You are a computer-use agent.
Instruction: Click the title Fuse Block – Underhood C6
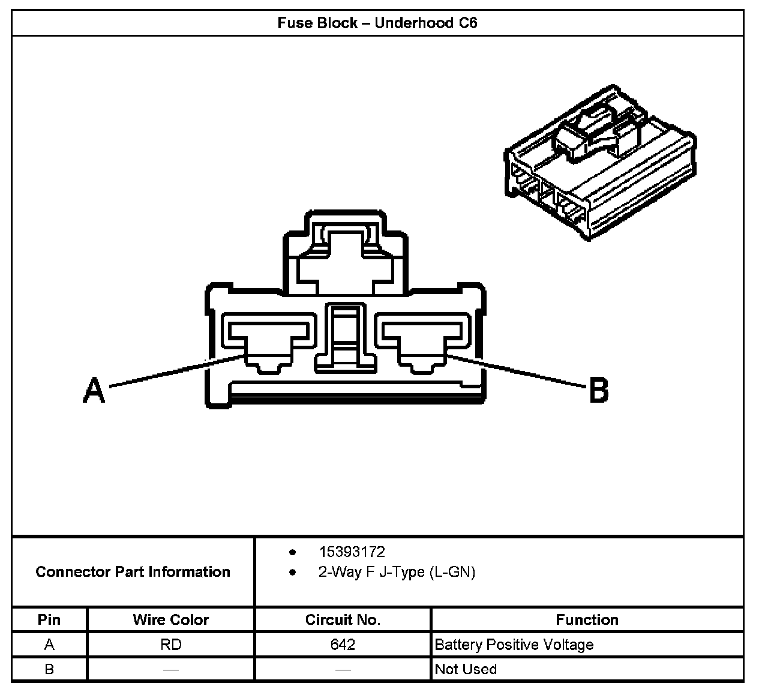point(377,23)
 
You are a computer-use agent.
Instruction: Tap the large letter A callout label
point(94,390)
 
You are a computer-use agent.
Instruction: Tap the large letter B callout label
point(598,390)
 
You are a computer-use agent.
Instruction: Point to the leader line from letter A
point(174,370)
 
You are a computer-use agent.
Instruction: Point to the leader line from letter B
point(516,370)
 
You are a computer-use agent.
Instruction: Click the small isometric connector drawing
point(600,162)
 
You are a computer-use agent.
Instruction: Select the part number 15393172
point(352,552)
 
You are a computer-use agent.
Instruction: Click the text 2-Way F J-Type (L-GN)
point(397,572)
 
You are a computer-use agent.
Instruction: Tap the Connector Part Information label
point(133,571)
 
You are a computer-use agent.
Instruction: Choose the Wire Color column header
point(171,619)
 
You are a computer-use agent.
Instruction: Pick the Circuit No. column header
point(343,619)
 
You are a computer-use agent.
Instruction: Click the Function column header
point(587,619)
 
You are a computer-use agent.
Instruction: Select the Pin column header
point(49,619)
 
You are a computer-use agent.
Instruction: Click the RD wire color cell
point(171,645)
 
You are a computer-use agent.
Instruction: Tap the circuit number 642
point(343,645)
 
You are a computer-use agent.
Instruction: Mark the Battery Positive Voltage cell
point(514,645)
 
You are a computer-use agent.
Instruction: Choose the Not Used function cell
point(466,669)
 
